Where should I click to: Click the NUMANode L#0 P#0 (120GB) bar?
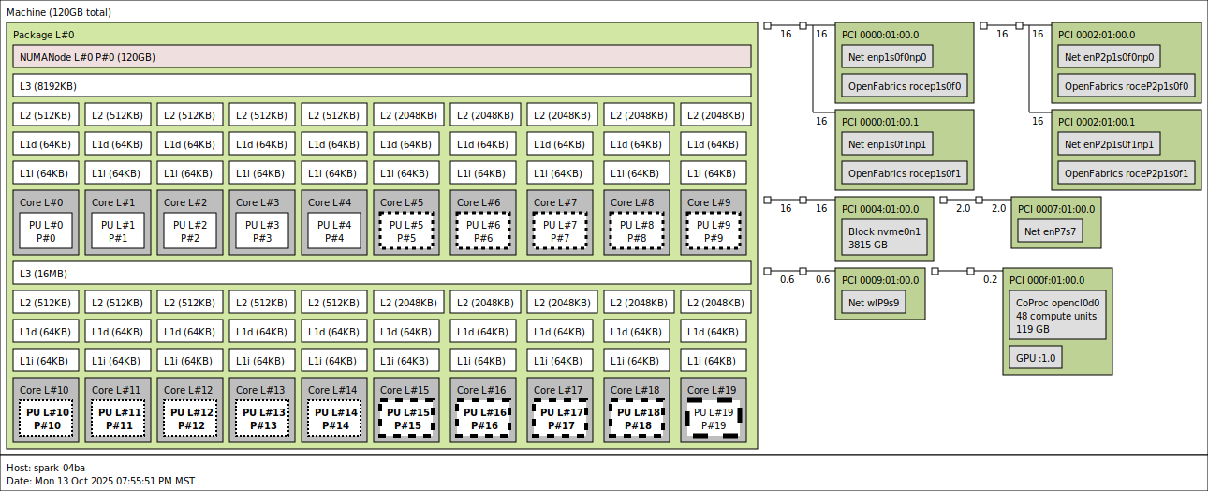click(x=382, y=57)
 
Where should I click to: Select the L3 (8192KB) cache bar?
click(x=382, y=86)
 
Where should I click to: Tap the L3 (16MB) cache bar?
click(x=382, y=274)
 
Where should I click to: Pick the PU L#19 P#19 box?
click(x=713, y=419)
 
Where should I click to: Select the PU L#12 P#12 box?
click(x=190, y=419)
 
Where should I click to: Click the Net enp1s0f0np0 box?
click(x=887, y=58)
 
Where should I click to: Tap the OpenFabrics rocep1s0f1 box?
click(x=904, y=173)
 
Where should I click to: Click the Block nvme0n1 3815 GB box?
click(x=884, y=238)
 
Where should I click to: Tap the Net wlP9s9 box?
click(x=873, y=303)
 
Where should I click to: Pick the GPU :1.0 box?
click(x=1035, y=357)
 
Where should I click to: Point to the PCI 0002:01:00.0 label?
click(x=1096, y=35)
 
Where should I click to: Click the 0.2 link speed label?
click(x=990, y=279)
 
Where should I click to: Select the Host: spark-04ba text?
click(x=46, y=468)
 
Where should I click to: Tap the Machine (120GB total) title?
click(x=55, y=11)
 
